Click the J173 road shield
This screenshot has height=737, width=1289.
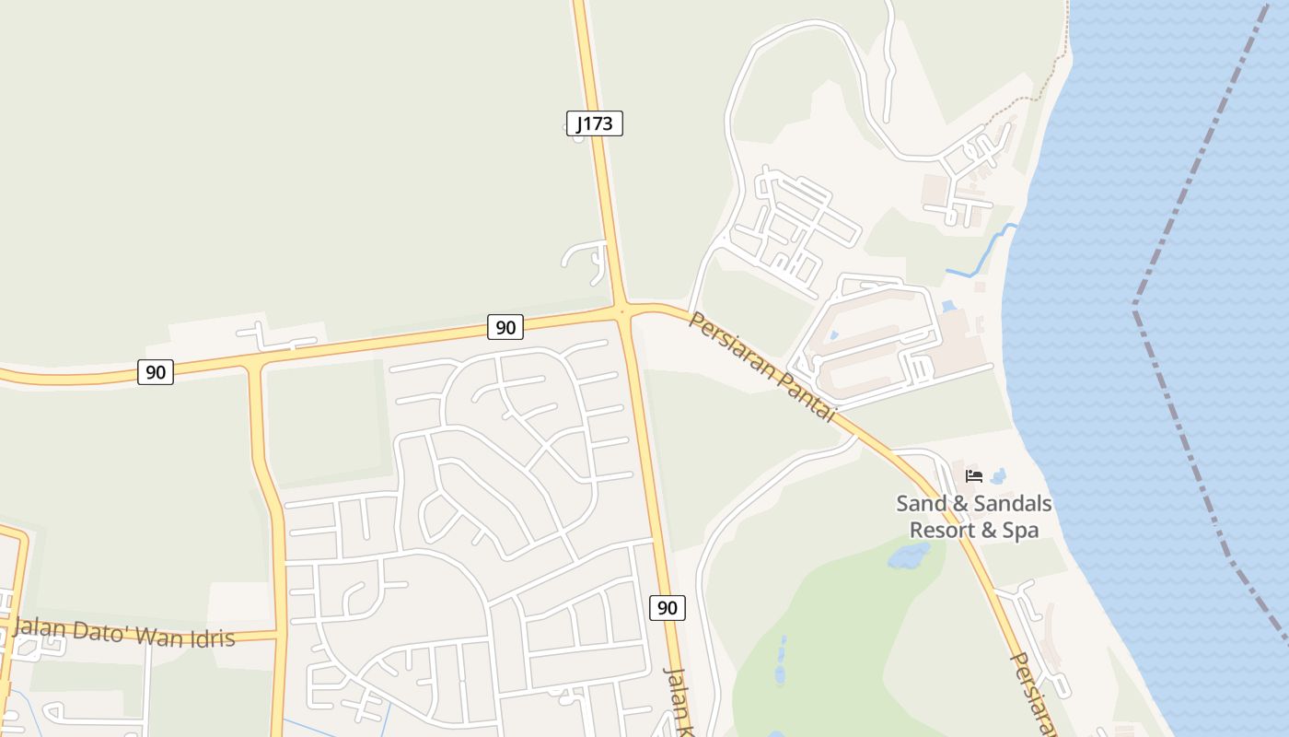point(595,123)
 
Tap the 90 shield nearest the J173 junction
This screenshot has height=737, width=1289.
point(505,327)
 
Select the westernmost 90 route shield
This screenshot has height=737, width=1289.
point(156,372)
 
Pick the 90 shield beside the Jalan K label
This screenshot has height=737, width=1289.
point(668,608)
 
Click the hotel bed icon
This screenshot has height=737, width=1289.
point(974,476)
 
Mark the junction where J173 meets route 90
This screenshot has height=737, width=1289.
point(623,311)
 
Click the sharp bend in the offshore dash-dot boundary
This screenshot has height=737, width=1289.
point(1135,302)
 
